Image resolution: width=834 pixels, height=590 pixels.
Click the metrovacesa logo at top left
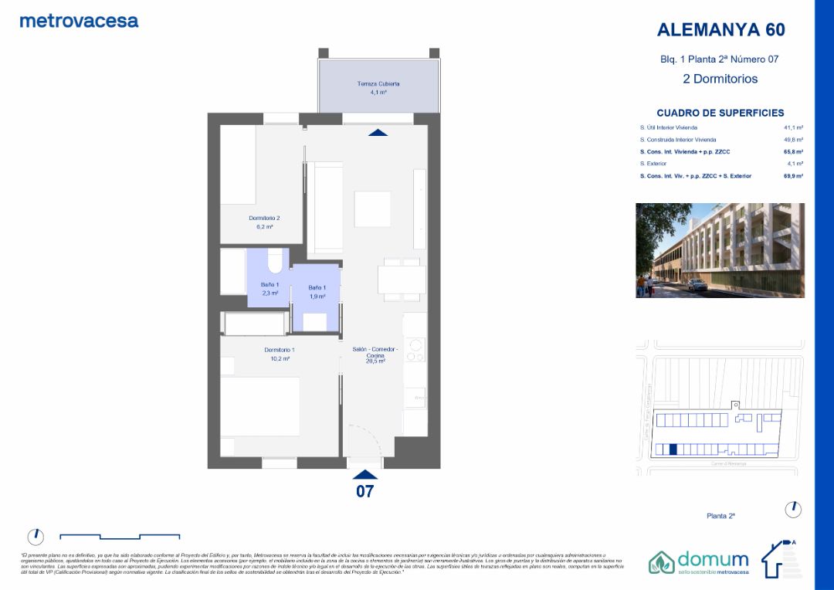tap(79, 21)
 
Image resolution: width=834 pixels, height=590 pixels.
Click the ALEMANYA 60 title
tap(720, 30)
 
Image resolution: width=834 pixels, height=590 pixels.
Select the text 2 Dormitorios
tap(720, 79)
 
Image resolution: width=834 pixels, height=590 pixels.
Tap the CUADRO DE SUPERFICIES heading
tap(720, 113)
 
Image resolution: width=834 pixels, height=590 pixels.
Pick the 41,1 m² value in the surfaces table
tap(793, 127)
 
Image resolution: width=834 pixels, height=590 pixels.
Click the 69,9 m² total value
tap(793, 176)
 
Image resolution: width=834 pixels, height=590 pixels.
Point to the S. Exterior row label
tap(653, 164)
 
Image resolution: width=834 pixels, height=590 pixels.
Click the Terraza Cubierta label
tap(378, 83)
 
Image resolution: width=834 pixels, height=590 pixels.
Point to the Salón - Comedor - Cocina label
tap(375, 354)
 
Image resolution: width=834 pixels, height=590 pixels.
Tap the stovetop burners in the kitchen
tap(415, 351)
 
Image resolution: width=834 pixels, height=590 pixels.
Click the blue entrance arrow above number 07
tap(364, 474)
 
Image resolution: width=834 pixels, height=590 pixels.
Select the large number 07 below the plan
tap(364, 491)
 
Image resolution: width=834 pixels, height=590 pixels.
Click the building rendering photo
tap(720, 250)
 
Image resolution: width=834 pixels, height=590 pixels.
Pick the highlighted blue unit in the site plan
tap(673, 449)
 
